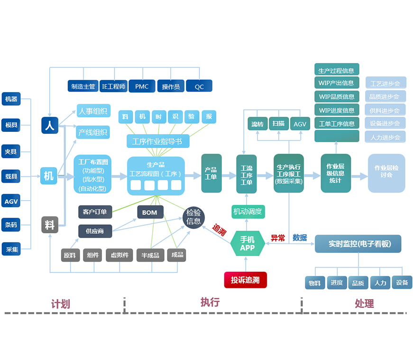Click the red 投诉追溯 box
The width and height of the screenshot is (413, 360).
(245, 280)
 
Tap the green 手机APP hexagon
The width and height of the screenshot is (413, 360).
(247, 244)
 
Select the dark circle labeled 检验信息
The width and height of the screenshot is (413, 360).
(193, 217)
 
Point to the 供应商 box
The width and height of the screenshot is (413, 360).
(95, 231)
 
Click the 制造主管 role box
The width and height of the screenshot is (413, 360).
(83, 86)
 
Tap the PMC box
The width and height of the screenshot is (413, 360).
(142, 86)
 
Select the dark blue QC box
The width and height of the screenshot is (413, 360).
(199, 86)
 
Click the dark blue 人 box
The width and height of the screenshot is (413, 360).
(49, 125)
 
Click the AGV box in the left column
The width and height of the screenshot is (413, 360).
(11, 201)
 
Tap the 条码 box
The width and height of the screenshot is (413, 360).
(11, 225)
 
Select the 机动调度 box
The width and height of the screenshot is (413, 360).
(248, 212)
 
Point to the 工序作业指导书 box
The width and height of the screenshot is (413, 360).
(157, 141)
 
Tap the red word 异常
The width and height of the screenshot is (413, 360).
(277, 238)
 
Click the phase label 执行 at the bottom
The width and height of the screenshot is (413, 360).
(210, 302)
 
